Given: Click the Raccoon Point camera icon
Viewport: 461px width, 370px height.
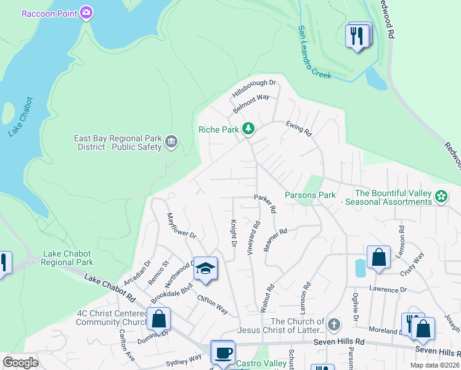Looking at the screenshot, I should click(87, 12).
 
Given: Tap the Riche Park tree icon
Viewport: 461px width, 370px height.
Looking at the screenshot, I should click(248, 129).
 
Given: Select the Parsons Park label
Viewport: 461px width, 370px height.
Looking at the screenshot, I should click(310, 195).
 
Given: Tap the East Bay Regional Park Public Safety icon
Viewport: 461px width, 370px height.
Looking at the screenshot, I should click(171, 142).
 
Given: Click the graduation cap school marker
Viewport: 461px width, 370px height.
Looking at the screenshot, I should click(205, 268).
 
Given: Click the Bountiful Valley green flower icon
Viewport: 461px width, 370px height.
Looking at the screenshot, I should click(441, 197).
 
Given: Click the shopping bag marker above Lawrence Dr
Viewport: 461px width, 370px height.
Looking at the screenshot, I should click(378, 257).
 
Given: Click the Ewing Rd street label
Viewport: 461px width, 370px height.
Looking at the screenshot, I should click(299, 128).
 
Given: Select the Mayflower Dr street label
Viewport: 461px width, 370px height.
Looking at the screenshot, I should click(181, 226).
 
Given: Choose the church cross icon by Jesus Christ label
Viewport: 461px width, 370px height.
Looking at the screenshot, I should click(333, 324).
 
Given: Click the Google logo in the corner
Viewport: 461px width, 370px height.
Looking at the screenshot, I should click(20, 362).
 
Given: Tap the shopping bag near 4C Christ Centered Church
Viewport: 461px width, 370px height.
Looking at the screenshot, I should click(158, 319).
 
